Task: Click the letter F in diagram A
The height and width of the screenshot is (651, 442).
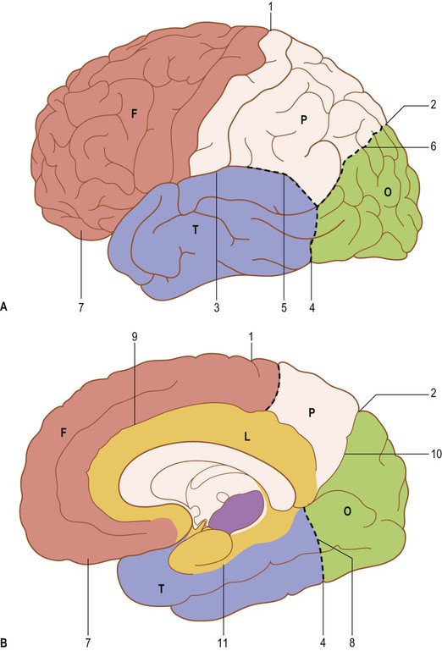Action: click(x=134, y=113)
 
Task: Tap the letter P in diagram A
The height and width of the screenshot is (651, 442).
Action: click(x=304, y=120)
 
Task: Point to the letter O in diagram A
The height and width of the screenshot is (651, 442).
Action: click(x=388, y=192)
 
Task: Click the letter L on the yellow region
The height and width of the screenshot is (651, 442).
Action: click(x=247, y=437)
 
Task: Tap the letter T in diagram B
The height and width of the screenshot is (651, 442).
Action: click(x=161, y=588)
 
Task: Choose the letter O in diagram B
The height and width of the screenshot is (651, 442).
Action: click(x=347, y=511)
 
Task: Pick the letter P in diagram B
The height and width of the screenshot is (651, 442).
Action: click(x=312, y=413)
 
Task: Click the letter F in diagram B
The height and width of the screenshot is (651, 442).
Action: click(x=64, y=433)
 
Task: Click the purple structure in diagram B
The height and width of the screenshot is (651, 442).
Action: click(x=236, y=510)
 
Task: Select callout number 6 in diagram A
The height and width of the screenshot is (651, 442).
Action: click(x=434, y=146)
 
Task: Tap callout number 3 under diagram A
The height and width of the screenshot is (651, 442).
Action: click(x=217, y=308)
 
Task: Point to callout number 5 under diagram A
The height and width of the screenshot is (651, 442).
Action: click(x=285, y=308)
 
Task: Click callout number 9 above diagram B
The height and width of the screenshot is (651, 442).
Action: click(x=134, y=336)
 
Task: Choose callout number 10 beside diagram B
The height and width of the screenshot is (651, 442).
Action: click(x=436, y=455)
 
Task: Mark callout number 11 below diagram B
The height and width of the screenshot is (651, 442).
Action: click(x=223, y=643)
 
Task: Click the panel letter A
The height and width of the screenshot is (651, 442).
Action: click(x=4, y=306)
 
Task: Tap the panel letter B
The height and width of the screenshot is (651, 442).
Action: click(x=4, y=642)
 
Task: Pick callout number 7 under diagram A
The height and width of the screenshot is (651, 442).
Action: click(x=81, y=308)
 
